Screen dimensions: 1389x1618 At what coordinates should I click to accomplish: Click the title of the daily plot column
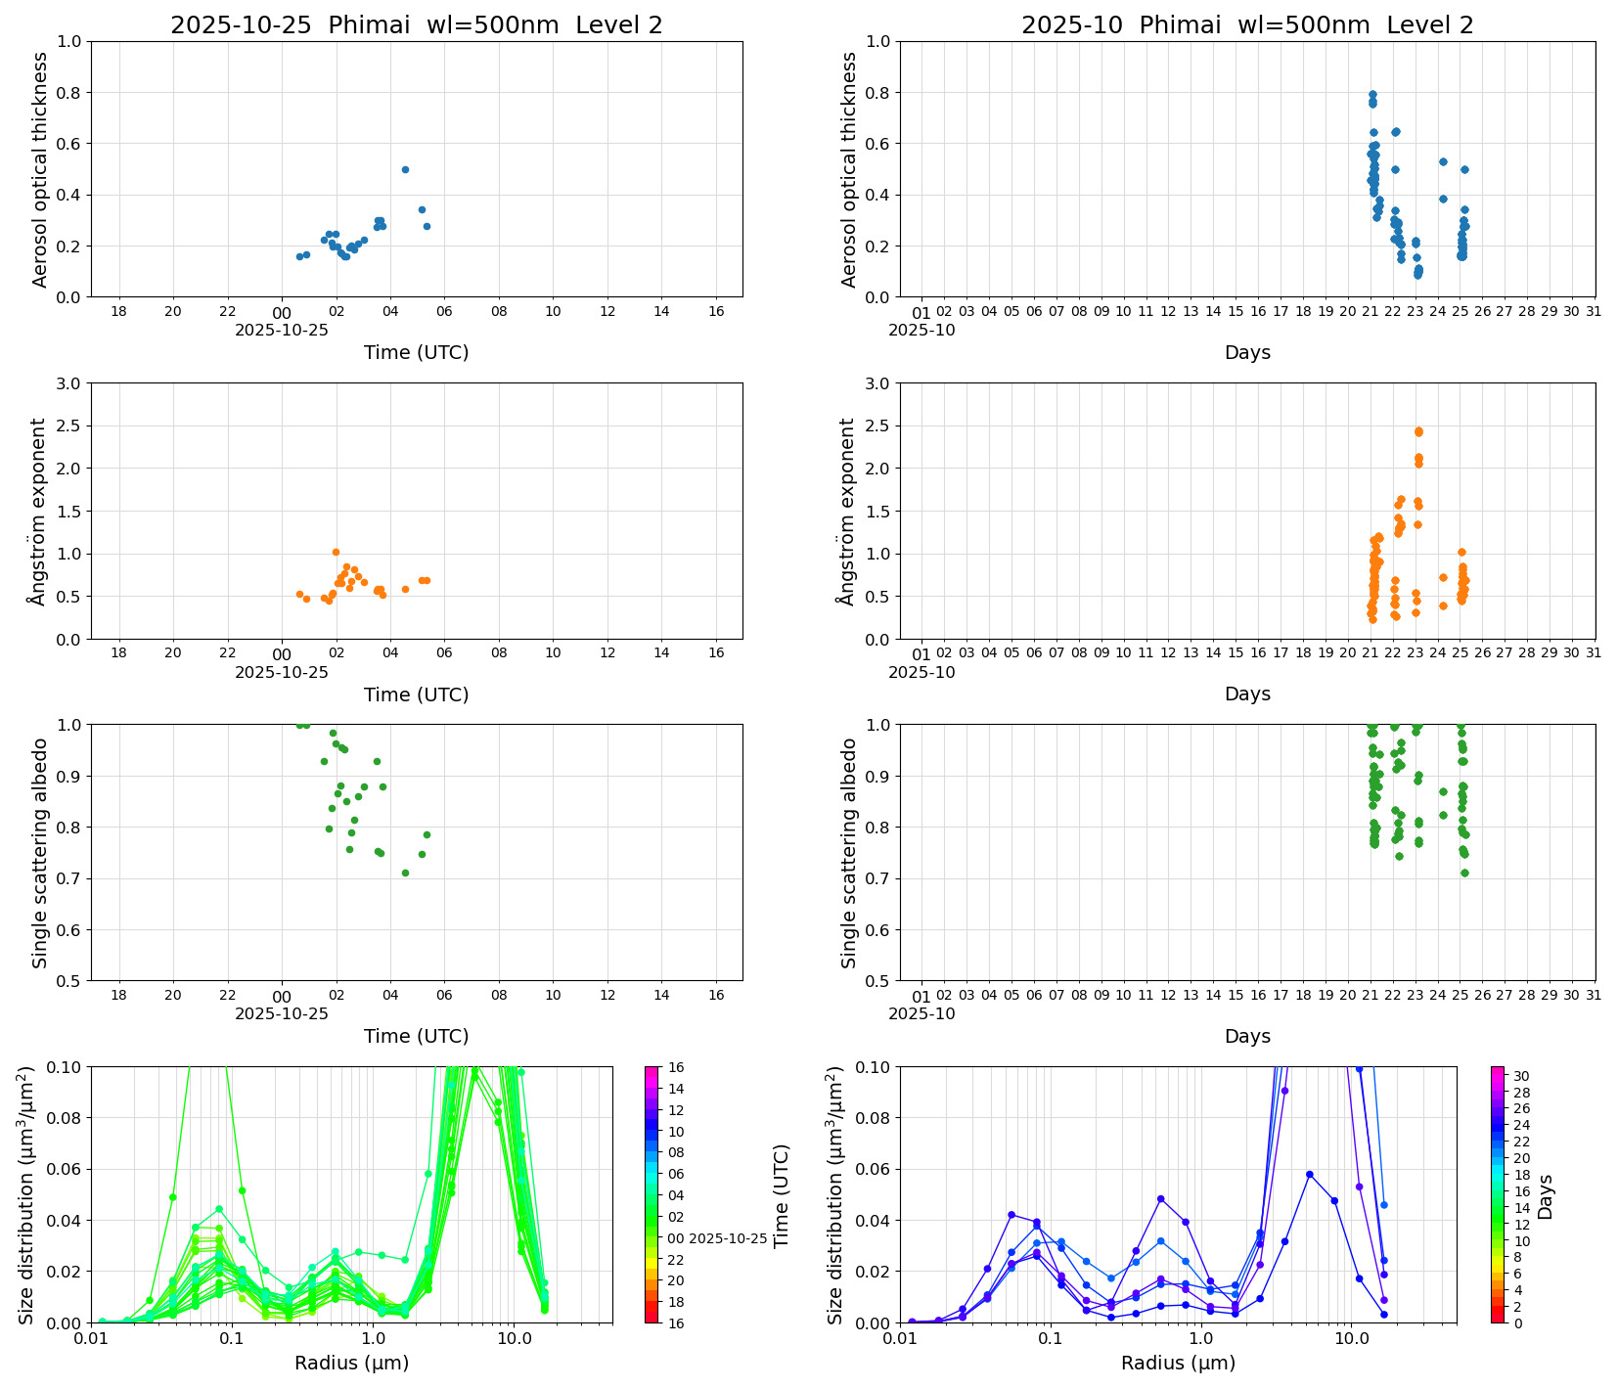click(416, 25)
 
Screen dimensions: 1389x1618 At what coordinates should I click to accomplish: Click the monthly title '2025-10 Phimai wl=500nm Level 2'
click(1246, 25)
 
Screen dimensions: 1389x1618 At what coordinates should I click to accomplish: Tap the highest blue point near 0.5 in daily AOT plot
click(405, 169)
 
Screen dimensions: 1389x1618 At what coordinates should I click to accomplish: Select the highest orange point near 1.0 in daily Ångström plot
click(336, 552)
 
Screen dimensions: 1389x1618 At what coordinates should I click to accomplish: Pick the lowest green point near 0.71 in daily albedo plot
click(405, 873)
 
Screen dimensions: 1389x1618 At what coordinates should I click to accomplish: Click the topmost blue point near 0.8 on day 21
click(1372, 95)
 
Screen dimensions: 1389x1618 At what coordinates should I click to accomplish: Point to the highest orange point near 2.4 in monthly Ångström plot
click(1418, 430)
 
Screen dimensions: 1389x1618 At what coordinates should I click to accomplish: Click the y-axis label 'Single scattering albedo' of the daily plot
click(40, 853)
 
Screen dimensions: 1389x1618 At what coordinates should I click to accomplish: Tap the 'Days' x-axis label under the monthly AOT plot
click(1246, 352)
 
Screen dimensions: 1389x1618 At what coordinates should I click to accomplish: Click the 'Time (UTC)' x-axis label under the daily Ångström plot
click(416, 694)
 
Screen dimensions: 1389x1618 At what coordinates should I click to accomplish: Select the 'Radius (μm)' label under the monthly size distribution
click(1178, 1363)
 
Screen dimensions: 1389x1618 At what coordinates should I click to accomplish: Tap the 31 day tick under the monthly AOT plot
click(1594, 312)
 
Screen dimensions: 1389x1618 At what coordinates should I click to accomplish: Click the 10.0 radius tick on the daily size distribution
click(515, 1338)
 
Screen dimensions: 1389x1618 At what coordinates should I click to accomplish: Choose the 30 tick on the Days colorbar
click(1521, 1076)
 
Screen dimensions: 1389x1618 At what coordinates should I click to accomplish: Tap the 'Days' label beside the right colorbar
click(1545, 1195)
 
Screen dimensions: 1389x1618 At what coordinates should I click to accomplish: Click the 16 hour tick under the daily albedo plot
click(716, 996)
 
